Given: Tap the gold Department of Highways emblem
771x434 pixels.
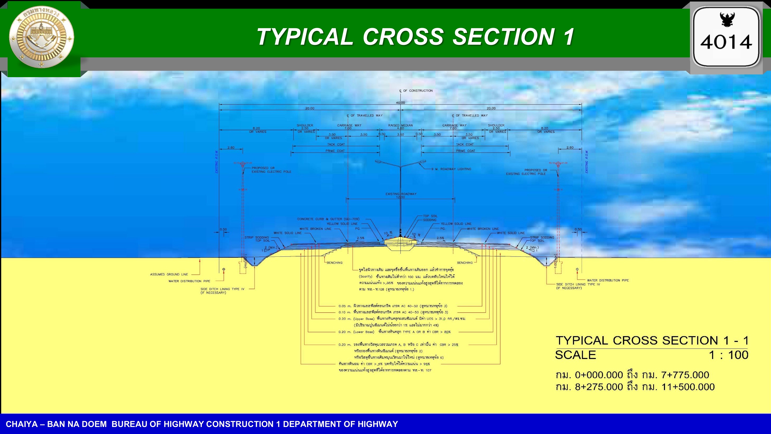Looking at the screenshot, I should [x=42, y=38].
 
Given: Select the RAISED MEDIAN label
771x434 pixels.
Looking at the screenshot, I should [x=400, y=125].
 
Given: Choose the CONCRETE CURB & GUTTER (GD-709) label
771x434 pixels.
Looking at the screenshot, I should [x=328, y=219].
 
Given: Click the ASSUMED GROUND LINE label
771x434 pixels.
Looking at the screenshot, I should [x=169, y=274].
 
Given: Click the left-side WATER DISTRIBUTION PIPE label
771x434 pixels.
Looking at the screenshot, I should [x=189, y=281].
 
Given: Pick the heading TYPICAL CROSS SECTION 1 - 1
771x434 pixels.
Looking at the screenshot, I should [x=652, y=341].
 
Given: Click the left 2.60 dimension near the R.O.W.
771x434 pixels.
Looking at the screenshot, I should [x=231, y=147].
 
